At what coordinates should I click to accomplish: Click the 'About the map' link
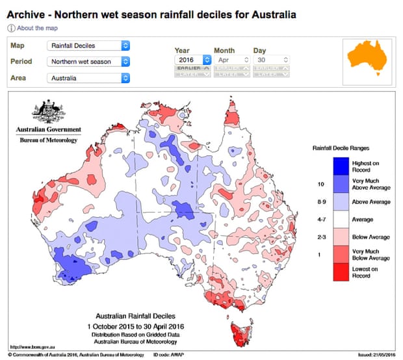37,29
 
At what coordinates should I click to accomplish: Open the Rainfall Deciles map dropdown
88,45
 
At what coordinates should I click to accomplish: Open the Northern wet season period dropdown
88,62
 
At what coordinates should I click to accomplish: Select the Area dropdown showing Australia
88,78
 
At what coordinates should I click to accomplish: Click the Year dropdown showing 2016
193,59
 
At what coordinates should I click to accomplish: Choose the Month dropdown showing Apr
232,59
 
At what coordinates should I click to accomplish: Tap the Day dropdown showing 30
271,59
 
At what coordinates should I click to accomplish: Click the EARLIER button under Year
193,68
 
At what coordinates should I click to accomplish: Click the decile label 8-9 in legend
320,202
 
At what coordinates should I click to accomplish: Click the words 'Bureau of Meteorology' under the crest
49,140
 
